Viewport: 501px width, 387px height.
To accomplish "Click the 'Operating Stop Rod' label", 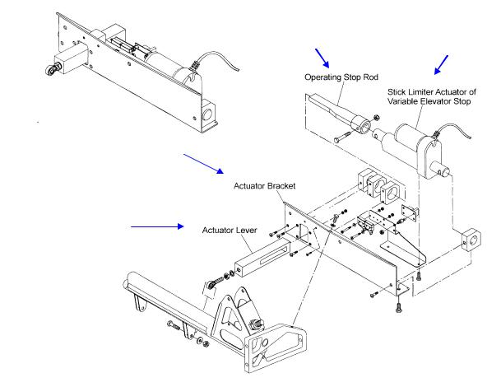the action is pyautogui.click(x=341, y=77).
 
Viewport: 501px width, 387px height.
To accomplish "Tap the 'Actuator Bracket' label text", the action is pyautogui.click(x=265, y=186).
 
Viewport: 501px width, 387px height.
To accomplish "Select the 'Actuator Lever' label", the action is pyautogui.click(x=230, y=231).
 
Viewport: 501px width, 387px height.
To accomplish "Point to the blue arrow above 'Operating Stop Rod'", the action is pyautogui.click(x=322, y=58).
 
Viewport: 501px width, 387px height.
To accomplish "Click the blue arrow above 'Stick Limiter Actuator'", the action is pyautogui.click(x=441, y=65).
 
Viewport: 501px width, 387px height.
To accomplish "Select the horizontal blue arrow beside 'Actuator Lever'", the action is pyautogui.click(x=157, y=226).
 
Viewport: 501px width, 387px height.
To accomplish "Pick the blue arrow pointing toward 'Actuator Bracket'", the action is pyautogui.click(x=203, y=164).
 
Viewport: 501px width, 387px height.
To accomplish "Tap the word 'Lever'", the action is pyautogui.click(x=247, y=231).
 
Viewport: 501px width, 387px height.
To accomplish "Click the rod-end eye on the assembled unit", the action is pyautogui.click(x=52, y=69).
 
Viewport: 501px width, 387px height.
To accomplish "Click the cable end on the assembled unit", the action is pyautogui.click(x=238, y=69).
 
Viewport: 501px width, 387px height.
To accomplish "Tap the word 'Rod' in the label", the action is pyautogui.click(x=371, y=77).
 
